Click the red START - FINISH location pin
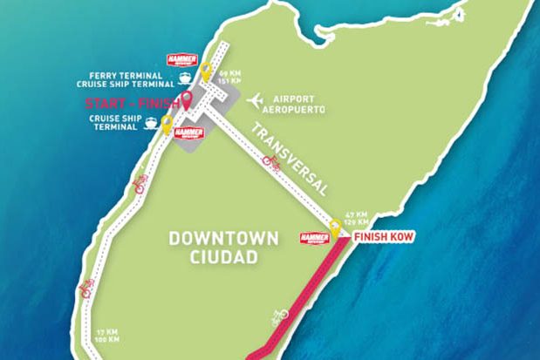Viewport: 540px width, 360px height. coord(187,98)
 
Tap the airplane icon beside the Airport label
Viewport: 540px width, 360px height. coord(256,102)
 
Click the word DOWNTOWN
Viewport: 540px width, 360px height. coord(224,238)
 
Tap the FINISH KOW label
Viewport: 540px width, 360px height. coord(383,236)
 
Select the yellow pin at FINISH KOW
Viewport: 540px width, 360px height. coord(334,230)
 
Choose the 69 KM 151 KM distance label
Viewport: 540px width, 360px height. coord(230,77)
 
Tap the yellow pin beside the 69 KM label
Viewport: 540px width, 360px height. coord(206,71)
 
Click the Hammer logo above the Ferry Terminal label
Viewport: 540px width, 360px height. coord(182,60)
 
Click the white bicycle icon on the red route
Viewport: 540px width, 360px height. coord(279,315)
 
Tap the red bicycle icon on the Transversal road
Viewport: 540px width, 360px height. coord(271,162)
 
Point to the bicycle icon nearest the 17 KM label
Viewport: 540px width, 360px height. coord(86,289)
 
